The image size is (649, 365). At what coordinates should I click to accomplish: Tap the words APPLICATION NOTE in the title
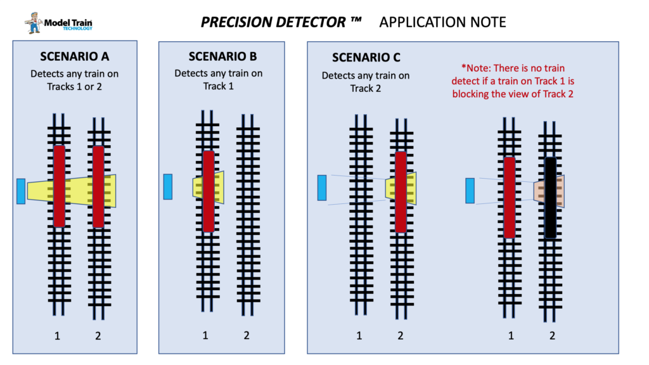click(442, 22)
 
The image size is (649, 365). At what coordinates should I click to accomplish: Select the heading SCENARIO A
click(74, 56)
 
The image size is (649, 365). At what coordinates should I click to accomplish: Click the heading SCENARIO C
click(366, 58)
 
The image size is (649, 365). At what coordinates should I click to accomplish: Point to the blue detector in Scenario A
click(21, 191)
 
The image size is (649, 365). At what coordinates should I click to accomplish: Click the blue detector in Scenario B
click(168, 186)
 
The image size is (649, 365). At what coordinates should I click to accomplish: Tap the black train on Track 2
click(551, 198)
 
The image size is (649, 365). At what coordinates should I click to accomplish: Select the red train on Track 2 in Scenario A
click(98, 186)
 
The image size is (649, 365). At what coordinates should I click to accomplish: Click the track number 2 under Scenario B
click(247, 335)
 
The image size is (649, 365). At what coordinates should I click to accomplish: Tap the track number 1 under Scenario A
click(57, 336)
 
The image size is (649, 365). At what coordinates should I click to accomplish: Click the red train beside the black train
click(510, 197)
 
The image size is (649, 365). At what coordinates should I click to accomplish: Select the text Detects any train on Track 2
click(366, 82)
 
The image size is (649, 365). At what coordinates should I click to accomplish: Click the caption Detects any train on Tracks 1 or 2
click(74, 80)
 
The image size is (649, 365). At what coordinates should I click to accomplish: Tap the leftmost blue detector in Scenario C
click(322, 188)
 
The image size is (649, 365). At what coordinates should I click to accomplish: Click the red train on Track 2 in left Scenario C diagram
click(401, 191)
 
